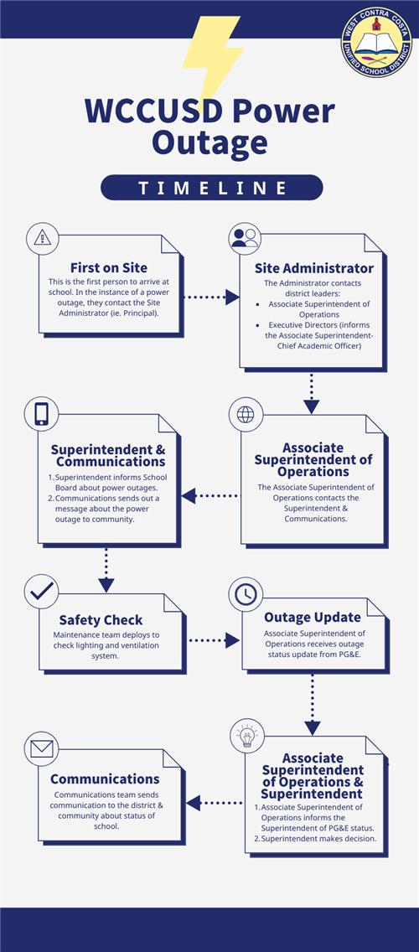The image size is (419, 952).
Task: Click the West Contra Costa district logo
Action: point(376,42)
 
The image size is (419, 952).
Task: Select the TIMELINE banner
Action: point(211,188)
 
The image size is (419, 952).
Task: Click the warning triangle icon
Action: point(43,238)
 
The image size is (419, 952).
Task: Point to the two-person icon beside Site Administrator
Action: point(245,238)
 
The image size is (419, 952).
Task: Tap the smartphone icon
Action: point(41,414)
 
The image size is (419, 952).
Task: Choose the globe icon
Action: point(246,414)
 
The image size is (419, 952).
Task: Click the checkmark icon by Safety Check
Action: point(41,591)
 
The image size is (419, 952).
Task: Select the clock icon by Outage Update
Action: point(246,594)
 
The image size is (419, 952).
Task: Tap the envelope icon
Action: point(42,749)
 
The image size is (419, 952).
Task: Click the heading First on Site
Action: point(109,268)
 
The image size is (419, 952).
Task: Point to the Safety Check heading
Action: point(101,620)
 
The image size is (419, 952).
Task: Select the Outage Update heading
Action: point(312,618)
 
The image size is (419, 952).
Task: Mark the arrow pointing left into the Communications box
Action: point(214,803)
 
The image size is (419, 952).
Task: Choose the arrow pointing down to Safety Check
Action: point(106,570)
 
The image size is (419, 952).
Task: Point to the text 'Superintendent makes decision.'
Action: point(318,839)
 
